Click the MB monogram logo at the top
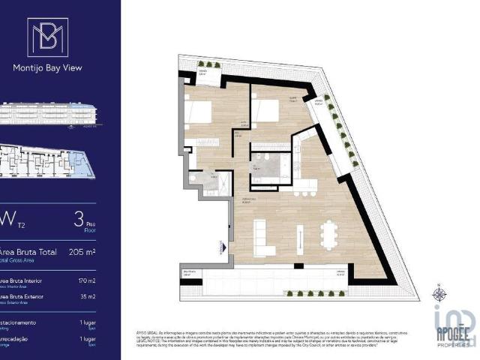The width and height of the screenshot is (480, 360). coord(47,37)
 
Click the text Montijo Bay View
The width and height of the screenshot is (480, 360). coord(47,67)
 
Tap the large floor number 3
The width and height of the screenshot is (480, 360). coord(78,219)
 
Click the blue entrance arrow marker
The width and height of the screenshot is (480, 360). coord(222,245)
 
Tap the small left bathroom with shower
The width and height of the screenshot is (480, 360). coord(203,181)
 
